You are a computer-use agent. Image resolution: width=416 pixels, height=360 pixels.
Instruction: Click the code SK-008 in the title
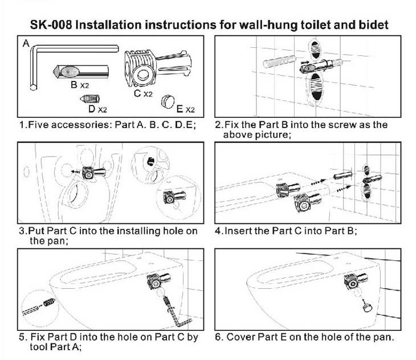click(x=51, y=25)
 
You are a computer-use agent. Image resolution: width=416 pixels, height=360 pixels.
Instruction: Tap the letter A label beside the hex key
click(x=26, y=43)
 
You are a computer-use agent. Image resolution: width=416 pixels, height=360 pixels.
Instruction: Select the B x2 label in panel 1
click(x=80, y=85)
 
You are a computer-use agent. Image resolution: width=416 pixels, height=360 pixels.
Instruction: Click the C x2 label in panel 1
click(x=143, y=93)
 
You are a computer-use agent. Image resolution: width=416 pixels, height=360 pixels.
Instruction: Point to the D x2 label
click(x=97, y=109)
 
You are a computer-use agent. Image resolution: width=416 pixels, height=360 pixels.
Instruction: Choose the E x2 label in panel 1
click(x=185, y=109)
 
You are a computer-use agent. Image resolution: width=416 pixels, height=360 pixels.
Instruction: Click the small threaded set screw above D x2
click(x=90, y=99)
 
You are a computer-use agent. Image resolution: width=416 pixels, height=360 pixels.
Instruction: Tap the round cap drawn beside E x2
click(x=168, y=101)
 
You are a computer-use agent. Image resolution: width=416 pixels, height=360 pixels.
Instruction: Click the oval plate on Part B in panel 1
click(x=70, y=72)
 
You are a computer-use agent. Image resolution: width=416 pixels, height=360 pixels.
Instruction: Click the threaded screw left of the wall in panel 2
click(x=279, y=62)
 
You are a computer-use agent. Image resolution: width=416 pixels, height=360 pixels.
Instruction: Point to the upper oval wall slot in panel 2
click(x=316, y=50)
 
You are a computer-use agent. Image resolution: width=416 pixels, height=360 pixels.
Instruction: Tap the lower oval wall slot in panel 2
click(x=316, y=87)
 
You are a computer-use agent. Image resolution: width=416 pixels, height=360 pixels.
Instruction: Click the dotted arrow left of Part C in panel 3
click(x=76, y=172)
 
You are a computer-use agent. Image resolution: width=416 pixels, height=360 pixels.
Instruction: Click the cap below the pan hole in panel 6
click(x=367, y=307)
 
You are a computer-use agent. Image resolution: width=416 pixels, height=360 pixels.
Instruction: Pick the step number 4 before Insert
click(x=218, y=231)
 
